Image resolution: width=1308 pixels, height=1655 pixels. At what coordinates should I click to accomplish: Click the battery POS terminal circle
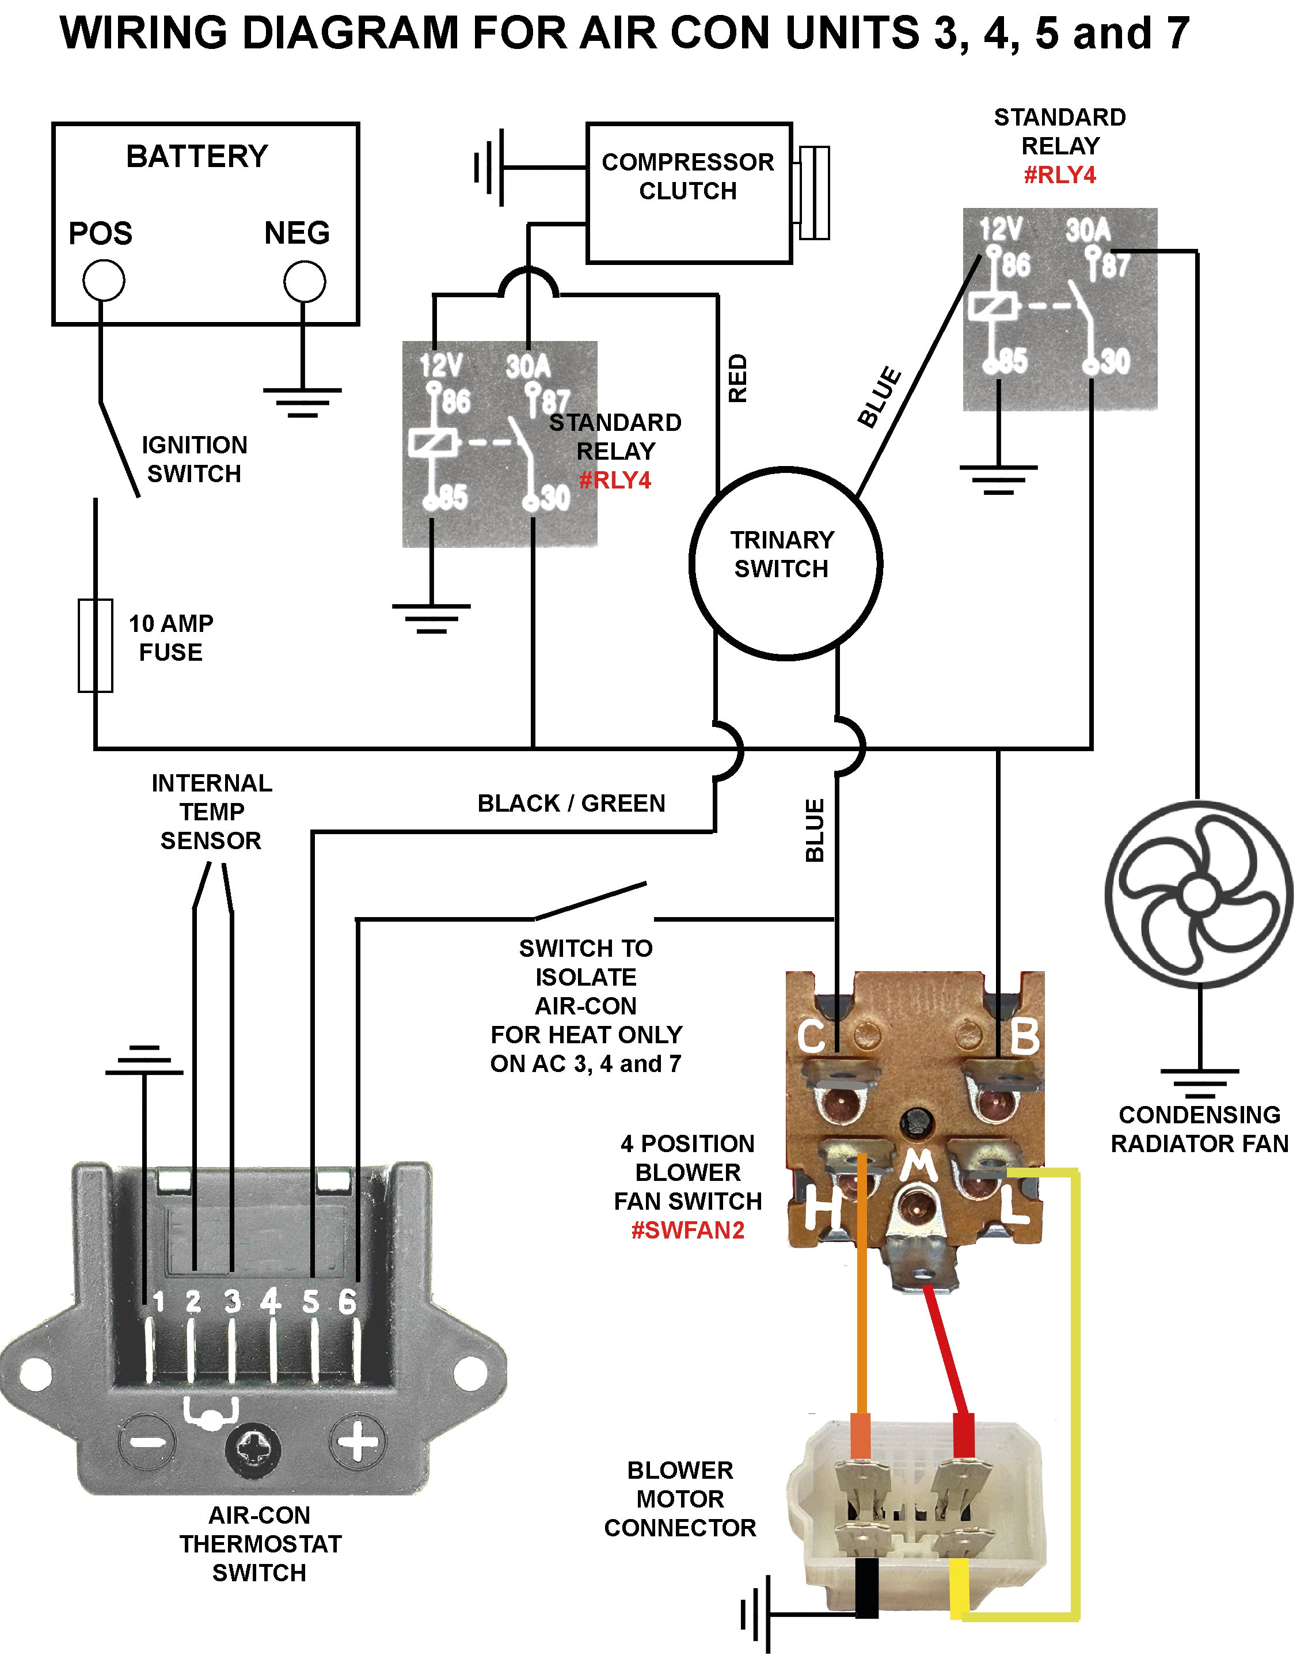click(104, 281)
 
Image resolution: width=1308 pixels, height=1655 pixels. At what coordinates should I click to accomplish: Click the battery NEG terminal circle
click(304, 281)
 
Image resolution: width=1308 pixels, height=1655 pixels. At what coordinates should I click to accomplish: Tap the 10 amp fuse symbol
click(96, 645)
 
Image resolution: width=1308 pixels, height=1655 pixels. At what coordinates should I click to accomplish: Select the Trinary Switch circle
click(786, 563)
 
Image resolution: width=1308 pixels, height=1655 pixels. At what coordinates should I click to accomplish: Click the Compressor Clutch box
click(689, 193)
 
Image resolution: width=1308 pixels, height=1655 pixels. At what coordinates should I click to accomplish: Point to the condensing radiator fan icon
click(1199, 894)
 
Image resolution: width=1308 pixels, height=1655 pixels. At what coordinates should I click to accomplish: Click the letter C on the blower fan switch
click(810, 1037)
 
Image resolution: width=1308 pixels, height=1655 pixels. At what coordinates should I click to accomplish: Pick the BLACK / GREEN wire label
click(571, 803)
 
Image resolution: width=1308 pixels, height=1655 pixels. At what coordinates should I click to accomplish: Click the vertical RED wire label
click(737, 378)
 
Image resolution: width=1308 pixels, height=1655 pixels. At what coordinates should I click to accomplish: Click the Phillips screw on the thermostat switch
click(253, 1449)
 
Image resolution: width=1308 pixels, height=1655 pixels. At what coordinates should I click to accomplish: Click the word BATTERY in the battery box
click(197, 156)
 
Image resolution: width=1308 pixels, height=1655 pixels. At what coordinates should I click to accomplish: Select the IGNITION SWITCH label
click(194, 459)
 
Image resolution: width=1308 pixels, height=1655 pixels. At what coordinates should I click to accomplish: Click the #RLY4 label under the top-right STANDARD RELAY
click(1059, 176)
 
